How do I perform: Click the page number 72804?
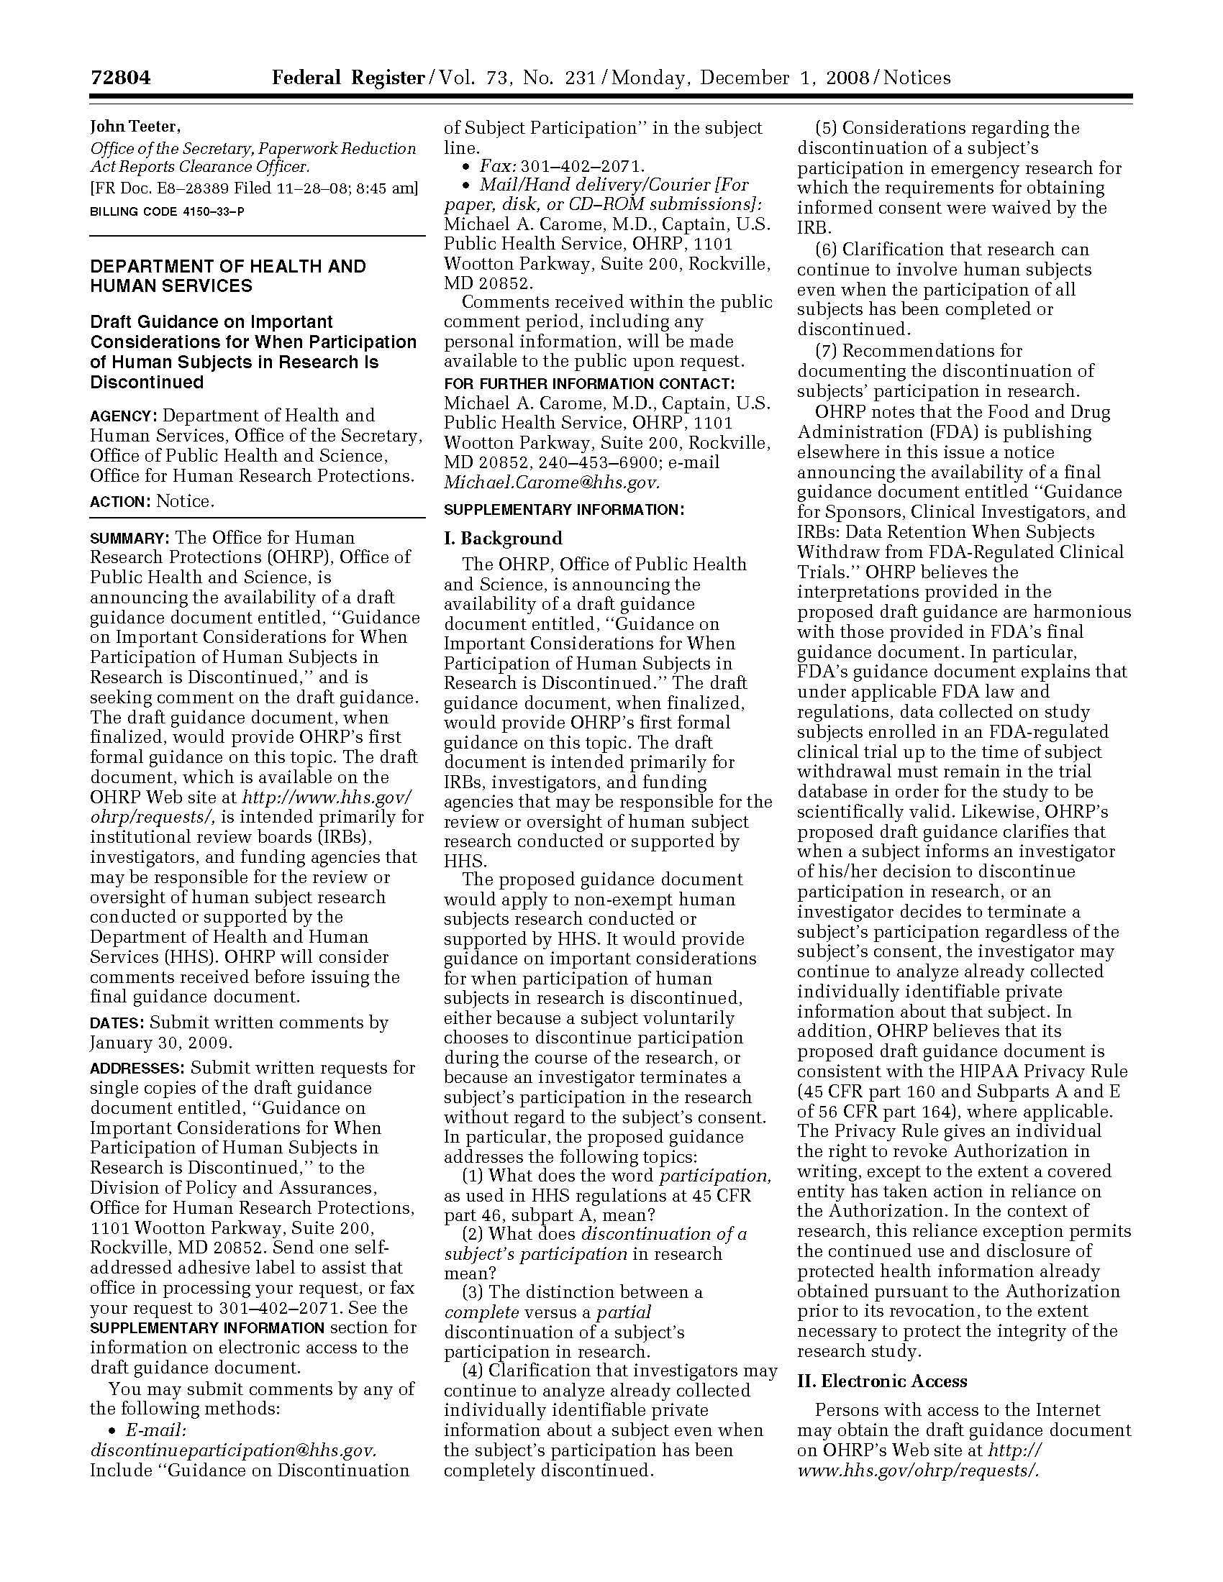coord(120,78)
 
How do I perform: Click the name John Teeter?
coord(135,127)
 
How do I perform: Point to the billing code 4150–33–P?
coord(167,211)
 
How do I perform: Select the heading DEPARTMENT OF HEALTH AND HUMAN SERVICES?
coord(227,276)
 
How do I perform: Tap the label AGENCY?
coord(123,416)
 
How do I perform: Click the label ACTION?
coord(120,502)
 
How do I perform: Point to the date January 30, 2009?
coord(161,1043)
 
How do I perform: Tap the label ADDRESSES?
coord(137,1069)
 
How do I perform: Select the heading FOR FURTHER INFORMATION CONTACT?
coord(589,384)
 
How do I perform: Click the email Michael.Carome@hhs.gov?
coord(551,483)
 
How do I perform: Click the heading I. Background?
coord(503,538)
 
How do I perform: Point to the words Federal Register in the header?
coord(347,78)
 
